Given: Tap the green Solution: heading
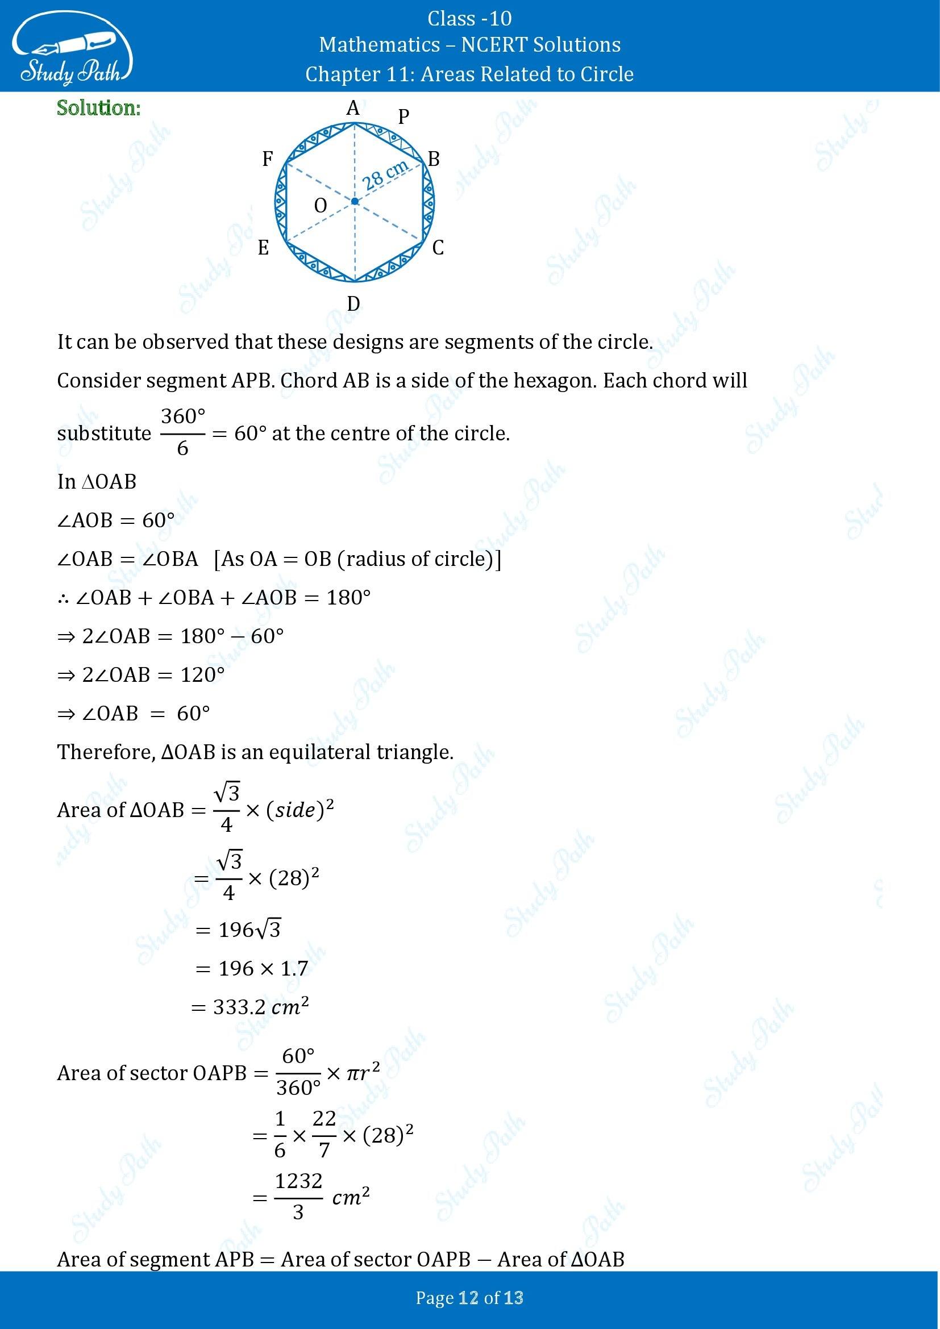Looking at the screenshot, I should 98,109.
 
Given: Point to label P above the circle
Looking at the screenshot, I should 404,117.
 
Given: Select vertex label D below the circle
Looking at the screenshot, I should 353,303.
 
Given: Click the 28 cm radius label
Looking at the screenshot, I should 385,176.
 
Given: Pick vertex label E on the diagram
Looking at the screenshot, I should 263,248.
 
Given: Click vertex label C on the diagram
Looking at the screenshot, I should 438,248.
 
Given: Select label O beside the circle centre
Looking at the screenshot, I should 320,206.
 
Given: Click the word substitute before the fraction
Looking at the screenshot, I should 104,433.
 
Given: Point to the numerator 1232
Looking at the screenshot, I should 299,1180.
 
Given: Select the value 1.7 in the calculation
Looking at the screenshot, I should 294,968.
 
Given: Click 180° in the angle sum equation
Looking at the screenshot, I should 348,597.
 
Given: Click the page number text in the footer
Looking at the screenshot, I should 469,1298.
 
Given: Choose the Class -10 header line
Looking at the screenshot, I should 469,19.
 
